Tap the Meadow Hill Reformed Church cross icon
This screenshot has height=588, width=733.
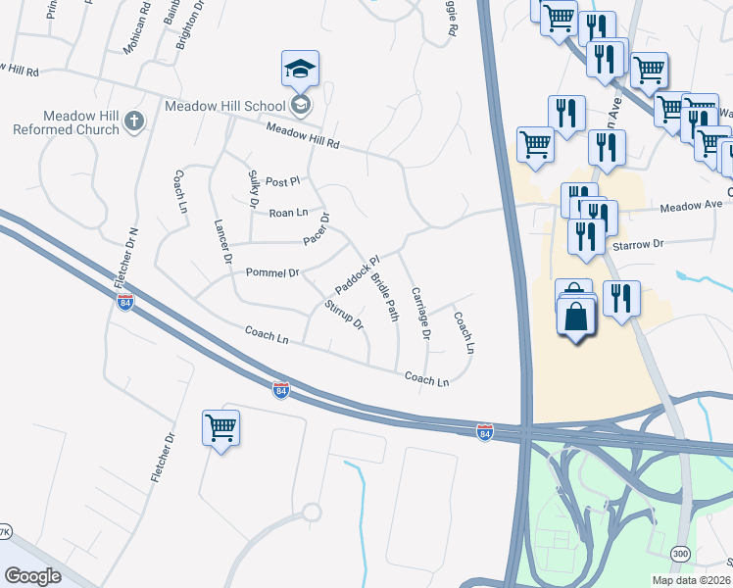click(x=134, y=122)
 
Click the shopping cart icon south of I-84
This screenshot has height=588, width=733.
click(x=220, y=427)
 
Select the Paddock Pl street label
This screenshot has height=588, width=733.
click(x=357, y=274)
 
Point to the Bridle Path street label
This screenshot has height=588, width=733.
click(x=385, y=297)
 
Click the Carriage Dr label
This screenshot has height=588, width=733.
click(x=420, y=314)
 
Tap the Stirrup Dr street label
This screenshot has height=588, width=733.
click(x=344, y=315)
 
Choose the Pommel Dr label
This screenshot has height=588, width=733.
click(x=271, y=271)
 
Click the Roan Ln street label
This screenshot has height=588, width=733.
click(x=288, y=213)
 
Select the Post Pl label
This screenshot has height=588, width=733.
click(x=282, y=181)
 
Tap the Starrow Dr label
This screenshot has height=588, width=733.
click(x=638, y=243)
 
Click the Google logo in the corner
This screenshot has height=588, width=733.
click(x=32, y=576)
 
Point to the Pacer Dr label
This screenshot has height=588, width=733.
click(x=318, y=229)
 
